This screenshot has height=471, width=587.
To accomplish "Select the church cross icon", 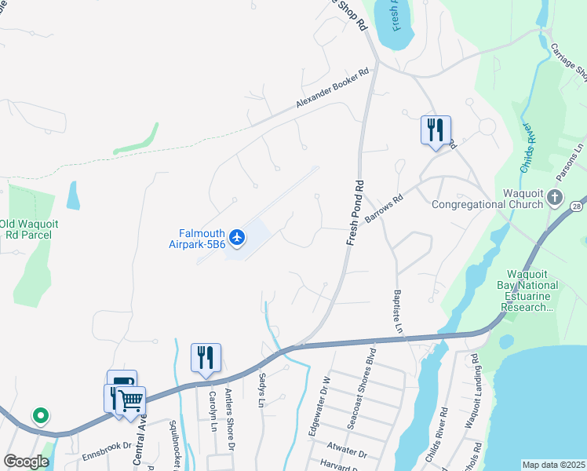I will (556, 197).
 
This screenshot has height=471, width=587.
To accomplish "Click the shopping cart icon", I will (130, 400).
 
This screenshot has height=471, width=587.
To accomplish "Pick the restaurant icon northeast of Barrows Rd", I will (436, 129).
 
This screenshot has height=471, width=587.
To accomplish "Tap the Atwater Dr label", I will (348, 454).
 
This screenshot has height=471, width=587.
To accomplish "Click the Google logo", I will (26, 462).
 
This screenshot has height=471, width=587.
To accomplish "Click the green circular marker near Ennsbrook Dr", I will (39, 415).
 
